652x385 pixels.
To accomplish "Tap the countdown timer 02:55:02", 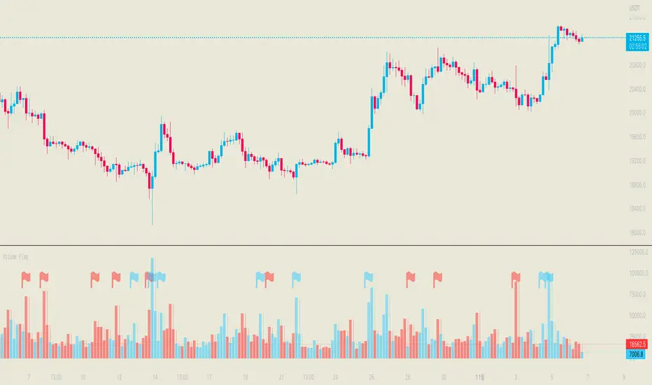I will (x=637, y=47).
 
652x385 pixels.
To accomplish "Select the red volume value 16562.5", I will (x=637, y=344).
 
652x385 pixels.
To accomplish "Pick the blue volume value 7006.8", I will (x=637, y=354).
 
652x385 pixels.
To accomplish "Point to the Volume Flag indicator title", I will (x=19, y=257).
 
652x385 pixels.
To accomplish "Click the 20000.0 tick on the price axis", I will (x=637, y=113).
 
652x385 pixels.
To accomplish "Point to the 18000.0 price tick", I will (x=637, y=233).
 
